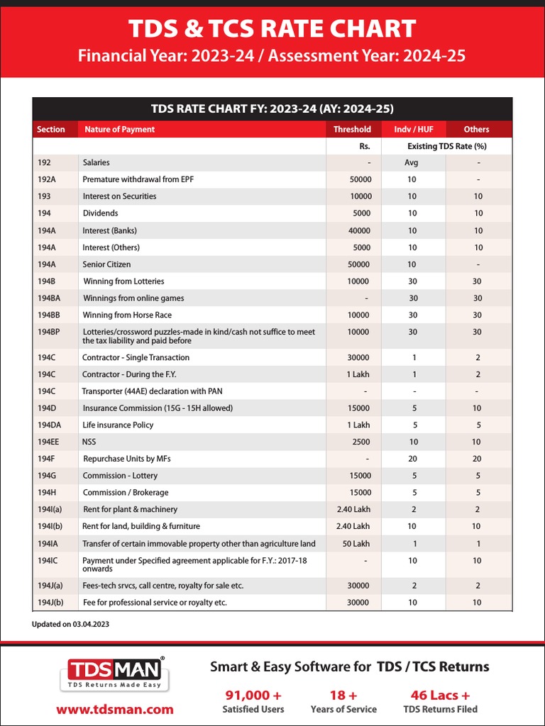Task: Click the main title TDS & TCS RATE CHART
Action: [272, 28]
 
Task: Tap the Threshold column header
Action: [352, 129]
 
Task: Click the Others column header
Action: [476, 129]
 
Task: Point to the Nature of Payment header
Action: [119, 129]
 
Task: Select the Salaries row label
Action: [96, 162]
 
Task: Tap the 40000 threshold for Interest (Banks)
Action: [359, 230]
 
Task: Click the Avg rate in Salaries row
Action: [412, 162]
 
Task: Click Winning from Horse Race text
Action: [127, 315]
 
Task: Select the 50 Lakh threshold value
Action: [356, 544]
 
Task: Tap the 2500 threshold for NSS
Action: [361, 442]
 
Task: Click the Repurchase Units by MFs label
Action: [127, 459]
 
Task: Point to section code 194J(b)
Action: [50, 602]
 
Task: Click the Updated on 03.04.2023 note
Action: [70, 625]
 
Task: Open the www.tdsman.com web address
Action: [115, 709]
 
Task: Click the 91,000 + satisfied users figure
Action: [253, 695]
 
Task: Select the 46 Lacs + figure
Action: [440, 695]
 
